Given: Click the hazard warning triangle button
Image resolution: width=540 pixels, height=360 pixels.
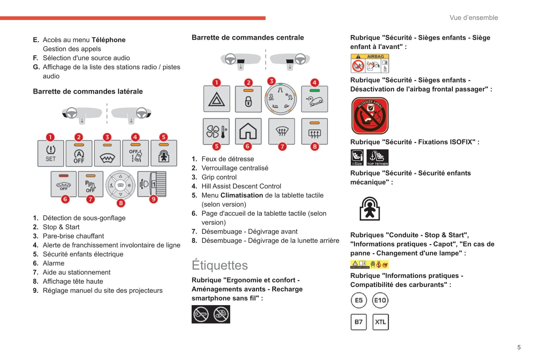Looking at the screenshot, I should (216, 99).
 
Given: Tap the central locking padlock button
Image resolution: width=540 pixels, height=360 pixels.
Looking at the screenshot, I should (248, 99).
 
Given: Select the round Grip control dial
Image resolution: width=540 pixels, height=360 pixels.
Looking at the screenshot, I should (281, 99).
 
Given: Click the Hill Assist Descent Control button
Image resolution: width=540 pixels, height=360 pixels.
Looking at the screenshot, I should (314, 99).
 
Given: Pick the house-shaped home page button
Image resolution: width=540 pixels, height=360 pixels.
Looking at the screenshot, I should (248, 131).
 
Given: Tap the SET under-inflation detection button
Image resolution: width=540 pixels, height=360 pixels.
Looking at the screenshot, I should (50, 153).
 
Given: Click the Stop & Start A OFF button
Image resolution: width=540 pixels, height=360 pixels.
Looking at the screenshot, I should (79, 153).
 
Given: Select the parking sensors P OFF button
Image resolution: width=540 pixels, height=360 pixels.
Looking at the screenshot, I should (90, 184).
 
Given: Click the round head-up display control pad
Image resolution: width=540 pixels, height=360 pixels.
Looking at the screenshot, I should (120, 185).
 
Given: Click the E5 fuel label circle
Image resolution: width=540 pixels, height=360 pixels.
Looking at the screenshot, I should (358, 300).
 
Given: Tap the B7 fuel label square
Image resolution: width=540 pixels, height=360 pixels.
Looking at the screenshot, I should (358, 322).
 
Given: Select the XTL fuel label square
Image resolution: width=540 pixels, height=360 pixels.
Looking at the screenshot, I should (380, 322).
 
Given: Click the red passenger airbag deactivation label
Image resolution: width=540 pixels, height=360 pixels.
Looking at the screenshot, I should (370, 116).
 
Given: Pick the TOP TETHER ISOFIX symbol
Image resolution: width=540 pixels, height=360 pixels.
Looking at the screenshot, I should (377, 157).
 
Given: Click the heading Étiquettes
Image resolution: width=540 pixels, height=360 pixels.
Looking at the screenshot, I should (220, 265).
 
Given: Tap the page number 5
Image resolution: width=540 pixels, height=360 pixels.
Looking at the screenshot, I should (519, 347).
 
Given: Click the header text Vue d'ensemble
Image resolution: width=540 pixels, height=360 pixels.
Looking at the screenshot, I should (473, 18).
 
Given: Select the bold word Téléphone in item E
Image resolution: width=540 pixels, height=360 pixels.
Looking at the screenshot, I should (108, 40).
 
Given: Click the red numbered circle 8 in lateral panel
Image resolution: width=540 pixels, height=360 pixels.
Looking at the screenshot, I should (121, 203).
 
